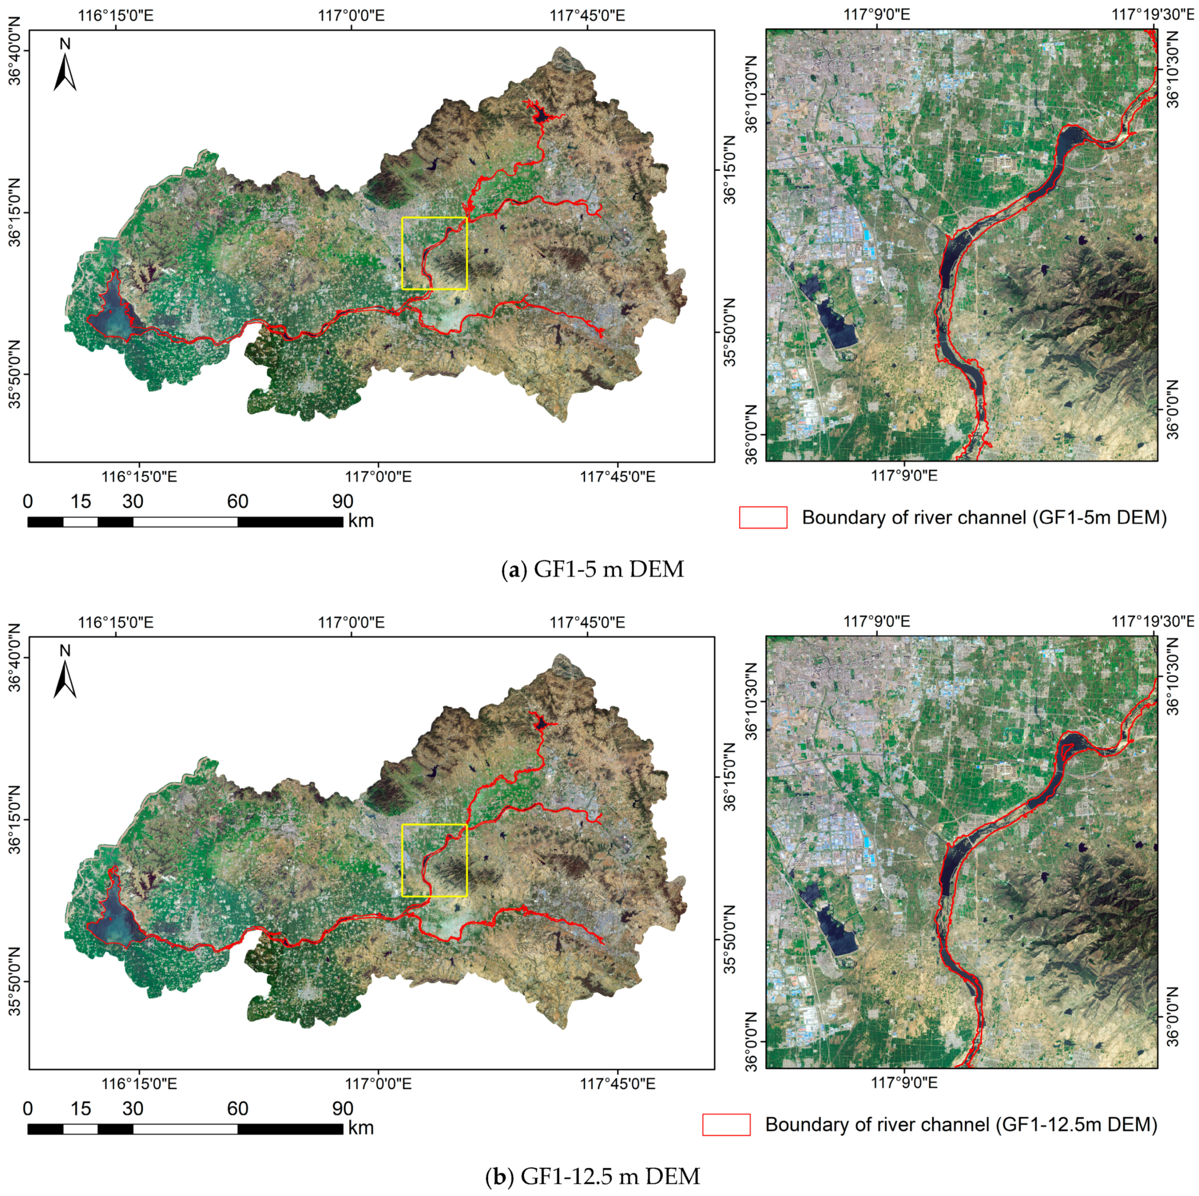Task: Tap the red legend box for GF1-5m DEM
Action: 763,517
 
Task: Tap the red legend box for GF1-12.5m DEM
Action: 726,1125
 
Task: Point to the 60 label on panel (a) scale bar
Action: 238,502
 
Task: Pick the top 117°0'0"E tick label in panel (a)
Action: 352,15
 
